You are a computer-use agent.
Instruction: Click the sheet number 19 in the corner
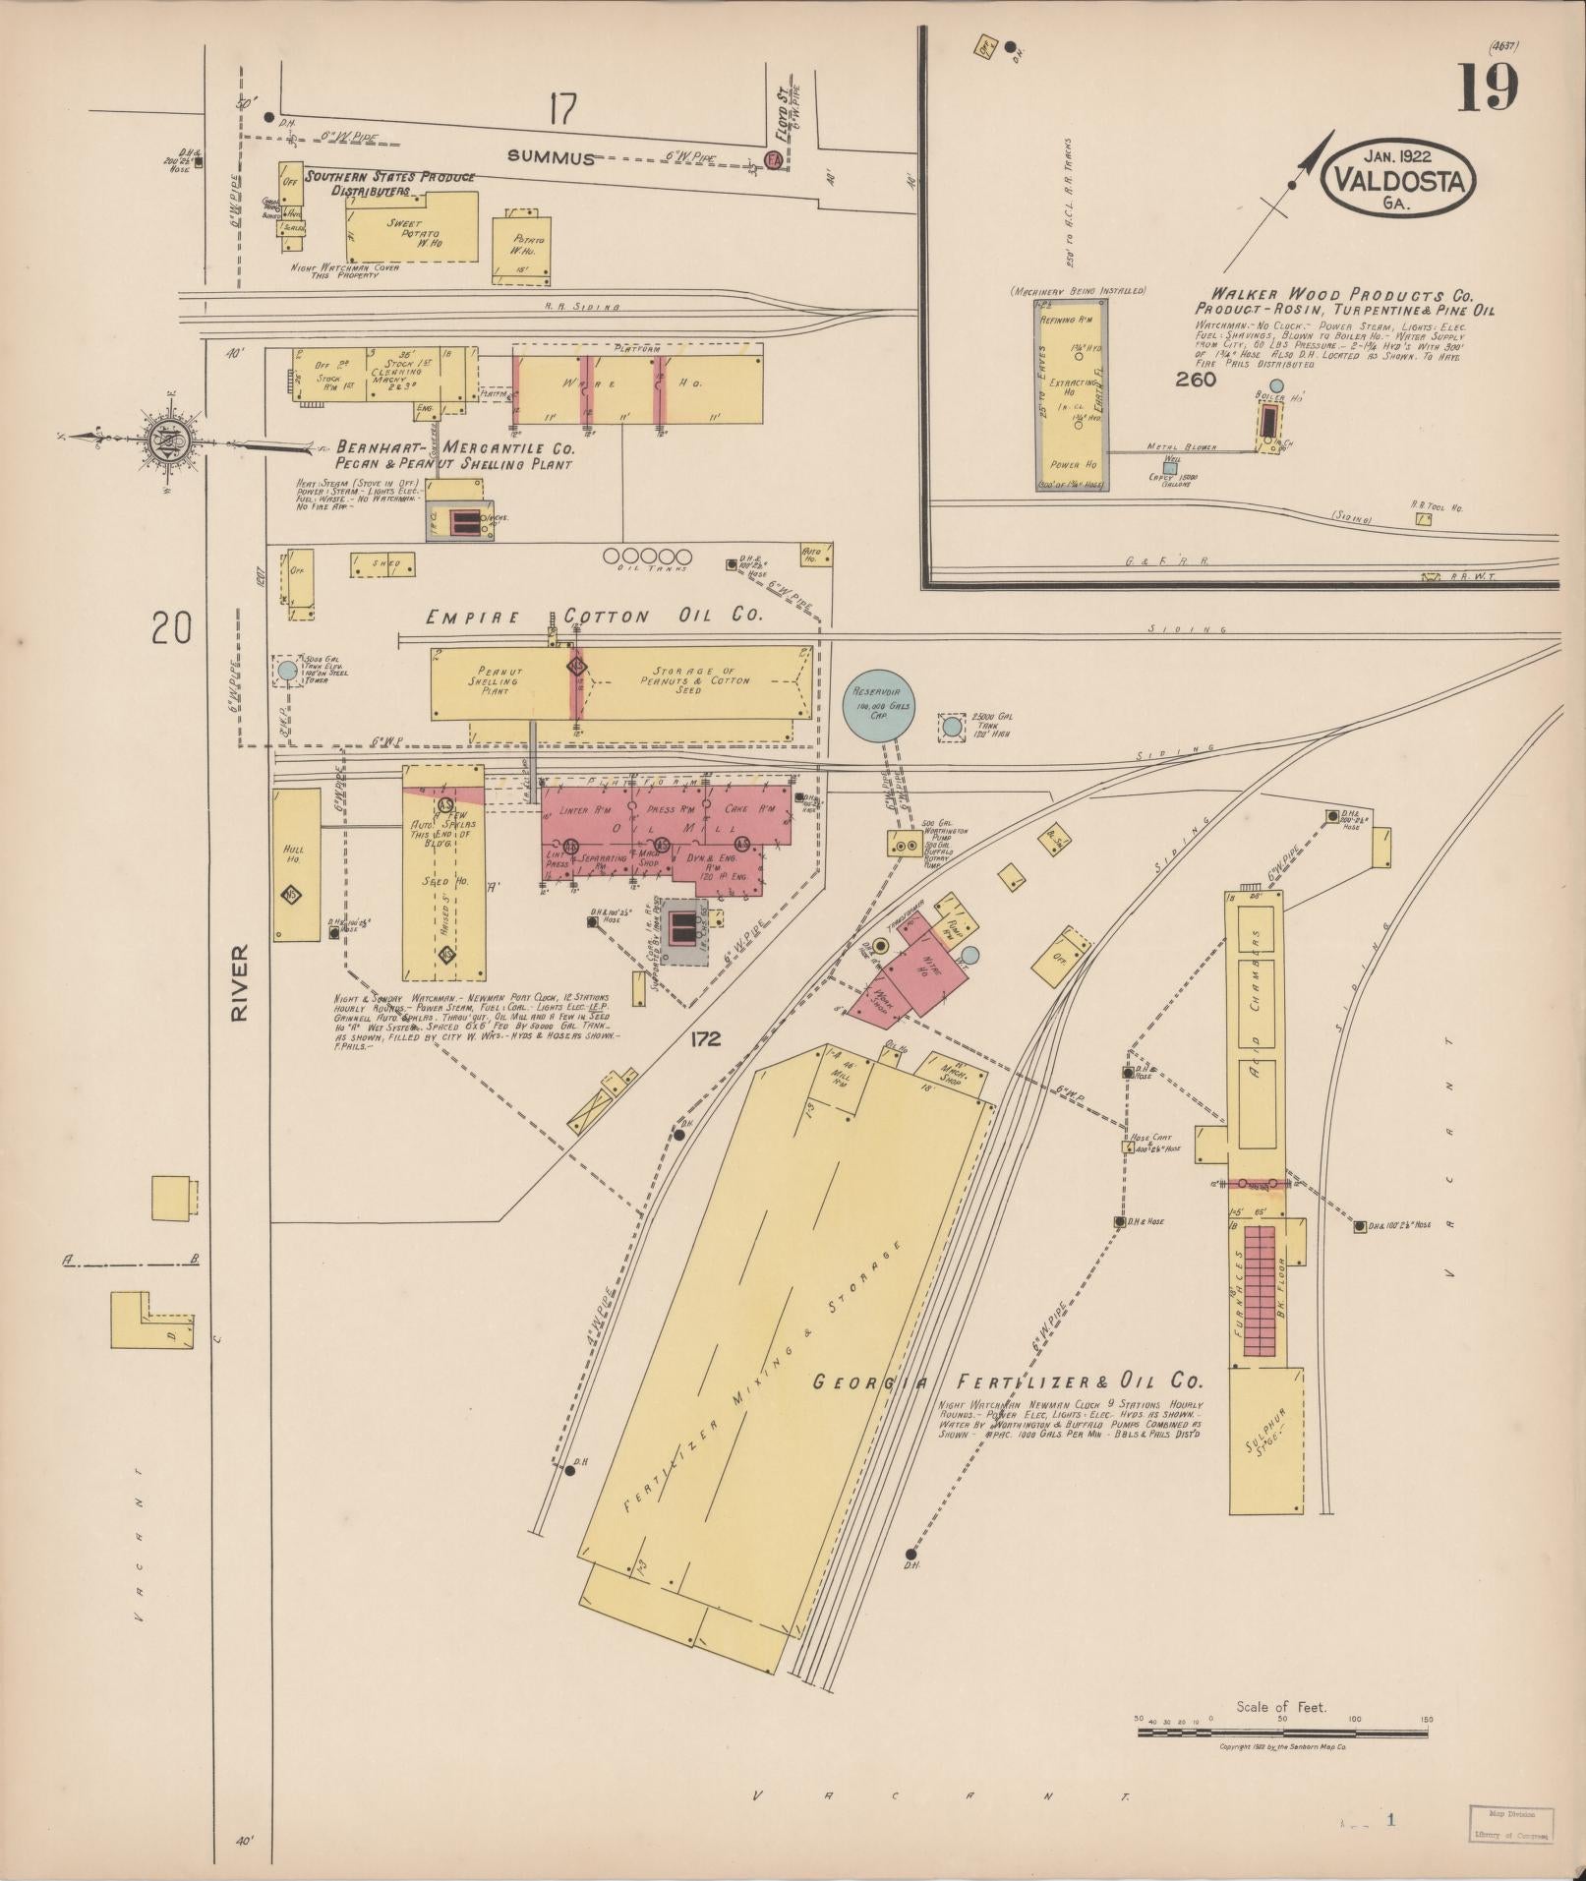click(1488, 88)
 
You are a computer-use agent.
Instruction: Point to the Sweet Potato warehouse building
click(411, 228)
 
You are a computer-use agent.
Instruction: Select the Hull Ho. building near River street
click(296, 863)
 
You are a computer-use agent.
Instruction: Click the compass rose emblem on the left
click(166, 440)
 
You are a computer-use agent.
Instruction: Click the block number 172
click(705, 1038)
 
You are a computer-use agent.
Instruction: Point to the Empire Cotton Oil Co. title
click(594, 617)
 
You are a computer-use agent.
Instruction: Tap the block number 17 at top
click(561, 110)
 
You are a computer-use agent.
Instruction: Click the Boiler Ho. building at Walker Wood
click(1269, 421)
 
